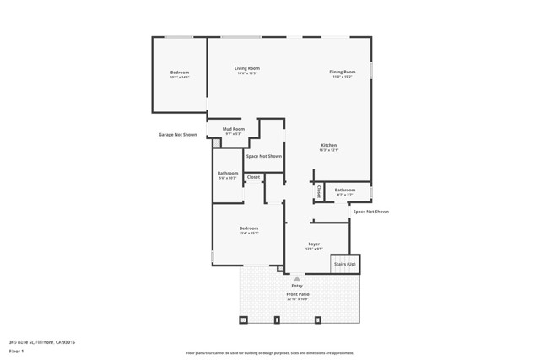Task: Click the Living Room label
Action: (x=247, y=68)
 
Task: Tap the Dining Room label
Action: (x=342, y=72)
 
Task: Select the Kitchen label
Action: (x=328, y=146)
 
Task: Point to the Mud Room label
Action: (x=234, y=129)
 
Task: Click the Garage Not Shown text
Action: (x=177, y=135)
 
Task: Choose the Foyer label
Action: (x=314, y=244)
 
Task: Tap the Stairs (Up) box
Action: (x=345, y=264)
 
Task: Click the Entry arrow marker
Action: (x=296, y=278)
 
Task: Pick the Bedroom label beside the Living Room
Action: (x=180, y=73)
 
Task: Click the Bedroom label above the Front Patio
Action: (x=248, y=228)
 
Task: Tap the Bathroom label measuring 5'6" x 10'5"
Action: (x=228, y=174)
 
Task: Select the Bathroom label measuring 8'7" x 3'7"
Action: (x=344, y=190)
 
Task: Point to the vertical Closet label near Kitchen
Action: (x=319, y=192)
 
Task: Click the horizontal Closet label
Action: (x=253, y=177)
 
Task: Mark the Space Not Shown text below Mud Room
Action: (x=263, y=156)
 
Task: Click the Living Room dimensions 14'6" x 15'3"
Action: (x=247, y=74)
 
